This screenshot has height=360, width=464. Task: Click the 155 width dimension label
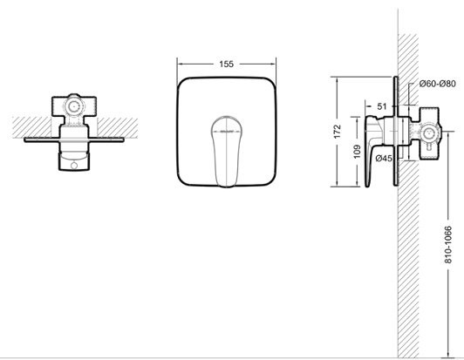227,64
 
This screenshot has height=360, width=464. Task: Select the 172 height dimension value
338,132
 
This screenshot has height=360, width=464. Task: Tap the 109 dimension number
358,151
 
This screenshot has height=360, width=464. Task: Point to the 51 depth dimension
382,105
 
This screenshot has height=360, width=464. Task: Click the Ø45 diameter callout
384,159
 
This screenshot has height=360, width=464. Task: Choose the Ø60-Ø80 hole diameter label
438,84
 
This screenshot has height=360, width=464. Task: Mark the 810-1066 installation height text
448,245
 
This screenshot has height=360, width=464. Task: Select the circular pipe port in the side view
428,133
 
